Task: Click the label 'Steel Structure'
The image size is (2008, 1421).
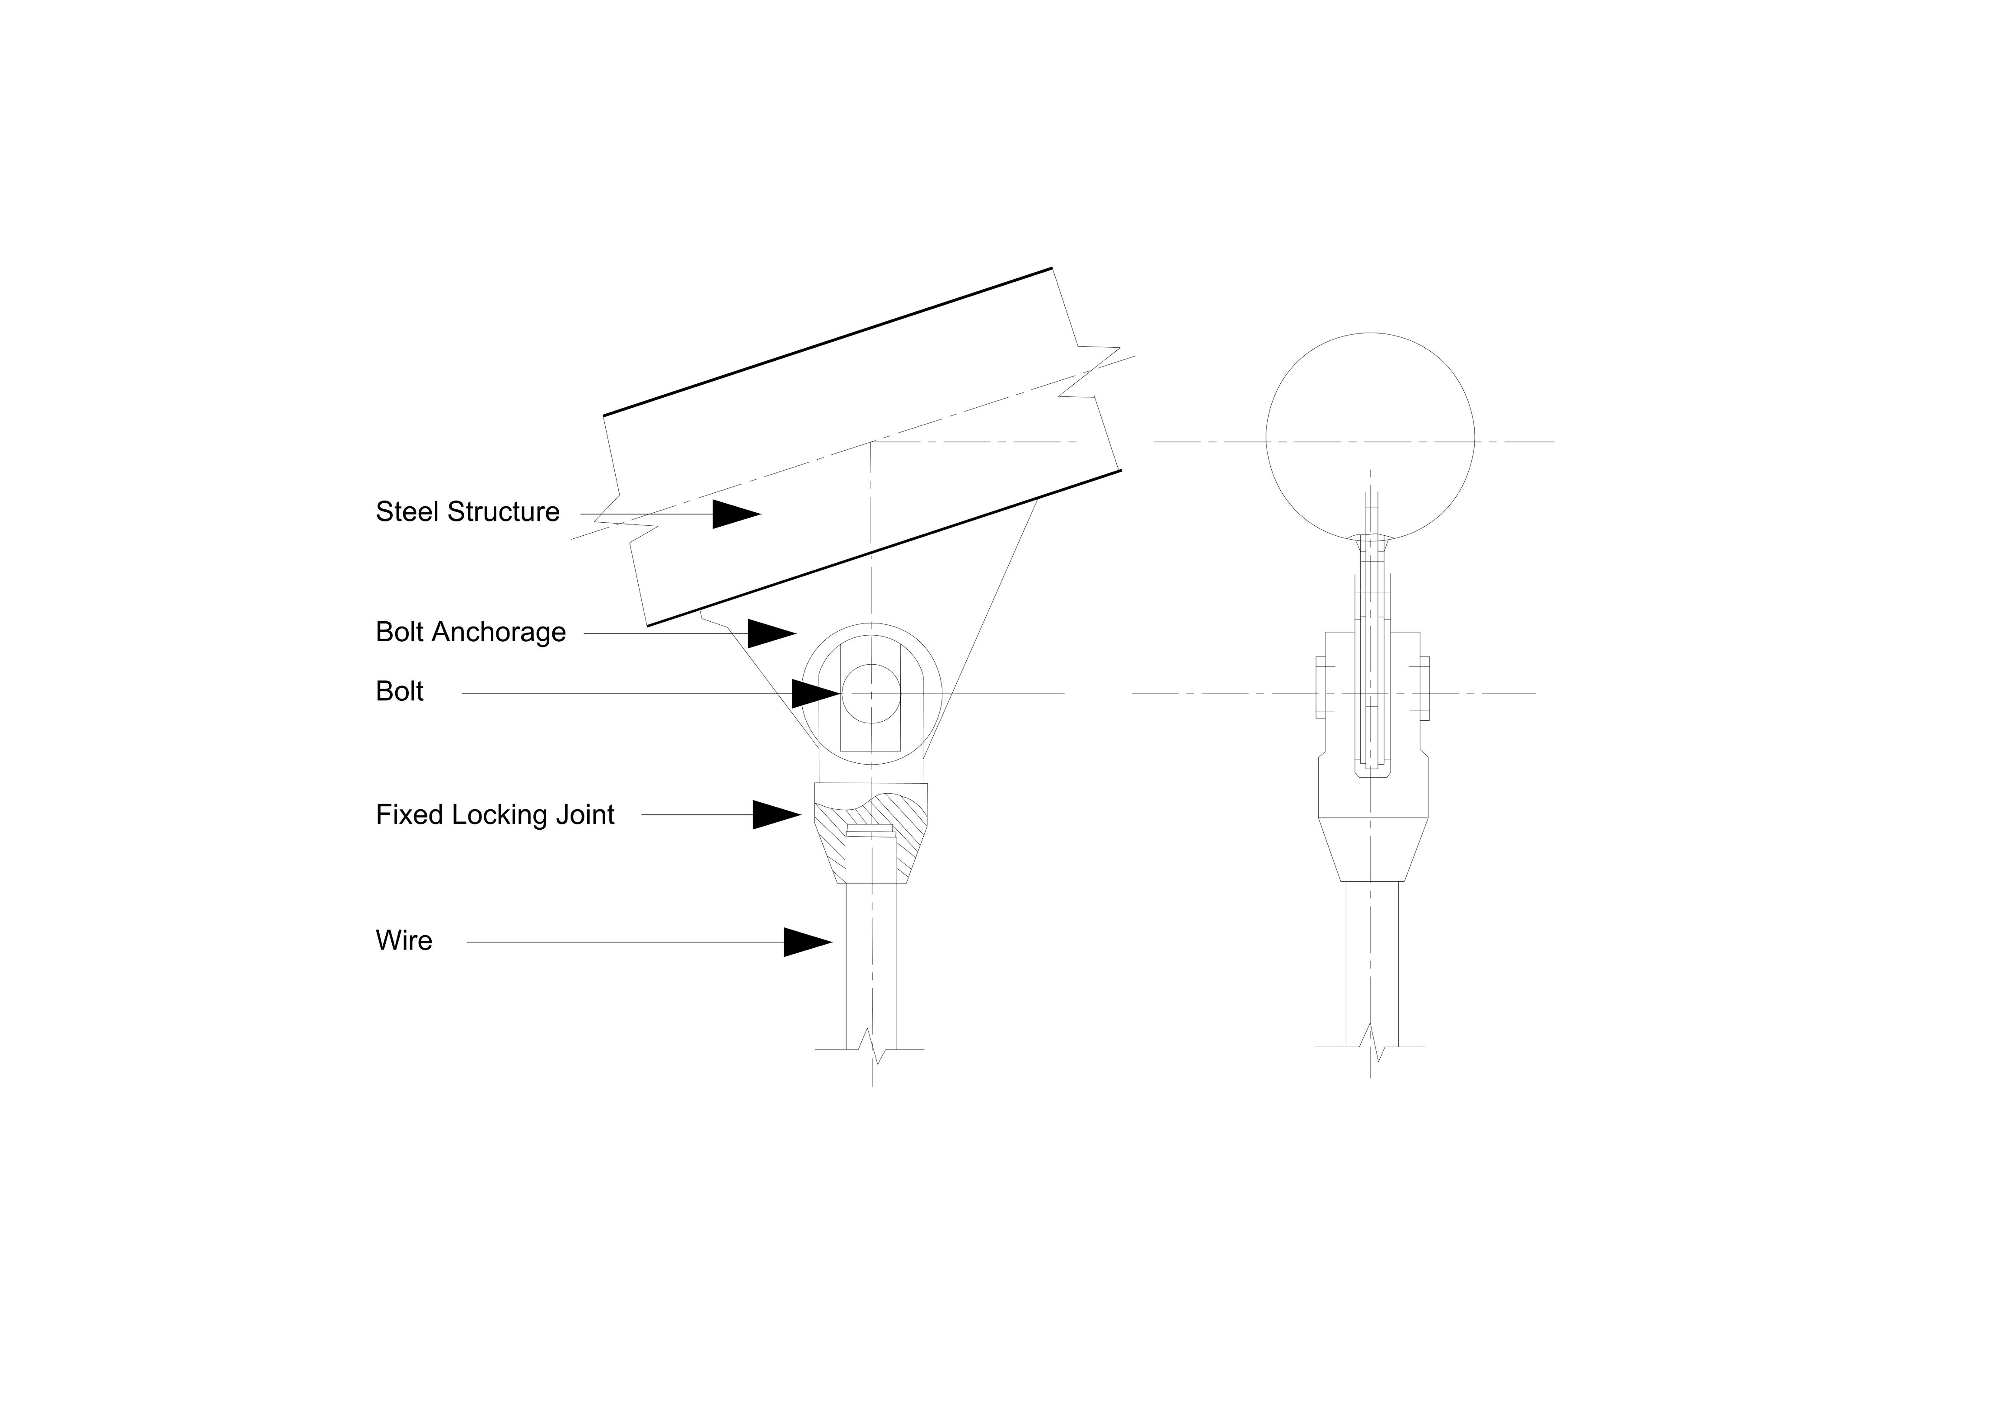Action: [467, 512]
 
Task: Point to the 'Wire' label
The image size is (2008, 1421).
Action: [404, 941]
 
